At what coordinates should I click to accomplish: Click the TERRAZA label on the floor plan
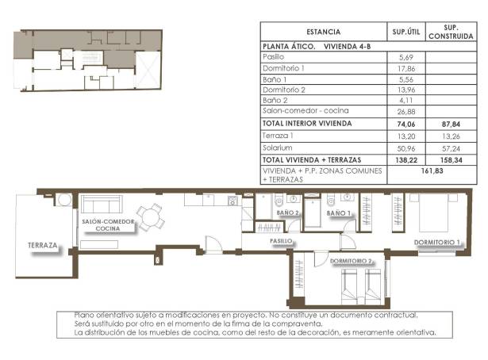coord(42,245)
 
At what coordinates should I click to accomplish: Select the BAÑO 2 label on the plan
coord(286,213)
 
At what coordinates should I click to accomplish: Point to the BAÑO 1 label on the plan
coord(338,213)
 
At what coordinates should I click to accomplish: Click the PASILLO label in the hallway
coord(281,240)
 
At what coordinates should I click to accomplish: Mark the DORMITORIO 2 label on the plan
coord(352,261)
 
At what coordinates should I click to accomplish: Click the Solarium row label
coord(277,148)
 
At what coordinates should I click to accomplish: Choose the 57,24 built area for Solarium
coord(447,148)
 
